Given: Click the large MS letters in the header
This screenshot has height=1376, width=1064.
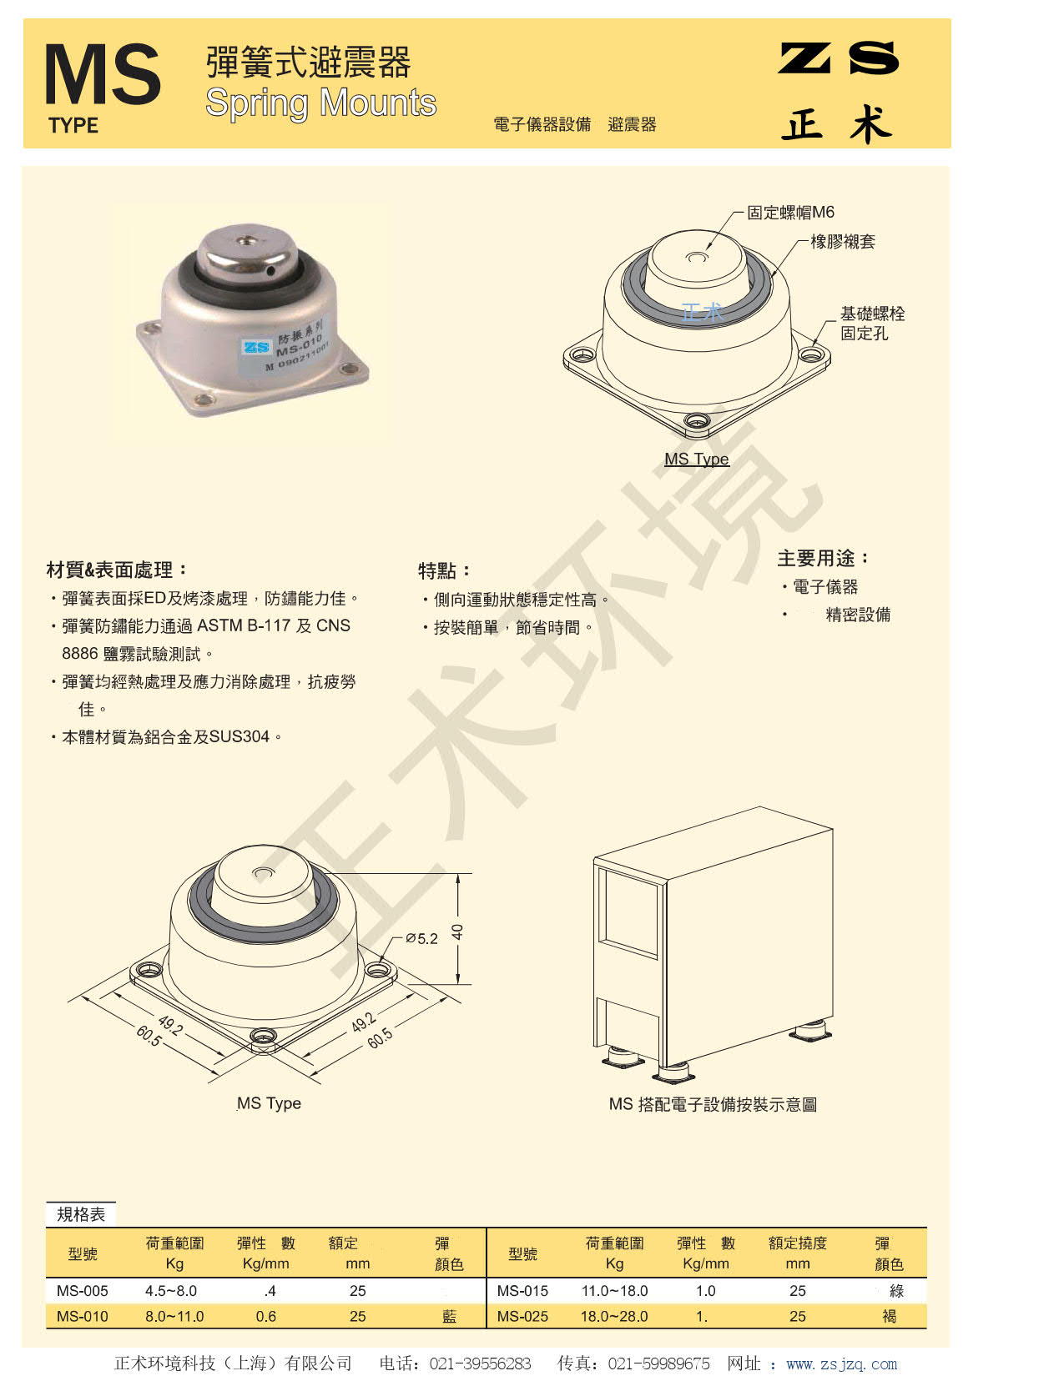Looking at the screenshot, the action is point(102,74).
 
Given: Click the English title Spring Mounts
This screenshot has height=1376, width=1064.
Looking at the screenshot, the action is point(320,103).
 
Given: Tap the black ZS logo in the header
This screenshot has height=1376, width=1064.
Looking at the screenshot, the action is point(838,58).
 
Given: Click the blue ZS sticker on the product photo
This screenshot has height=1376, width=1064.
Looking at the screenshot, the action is point(256,347).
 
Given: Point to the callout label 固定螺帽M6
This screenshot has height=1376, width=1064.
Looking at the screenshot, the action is point(790,212).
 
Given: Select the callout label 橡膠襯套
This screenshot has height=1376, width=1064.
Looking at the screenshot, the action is point(842,241).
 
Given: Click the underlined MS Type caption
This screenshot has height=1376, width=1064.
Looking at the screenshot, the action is point(697,459).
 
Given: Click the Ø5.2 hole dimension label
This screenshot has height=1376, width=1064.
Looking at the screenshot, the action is point(421,938).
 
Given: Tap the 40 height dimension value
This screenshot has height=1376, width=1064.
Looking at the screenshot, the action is point(457,932).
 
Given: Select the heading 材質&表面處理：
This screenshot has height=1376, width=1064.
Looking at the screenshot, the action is point(117,570).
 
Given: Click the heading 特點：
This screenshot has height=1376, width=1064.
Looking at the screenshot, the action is point(444,571).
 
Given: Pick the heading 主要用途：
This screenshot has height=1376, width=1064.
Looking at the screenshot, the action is point(823,558).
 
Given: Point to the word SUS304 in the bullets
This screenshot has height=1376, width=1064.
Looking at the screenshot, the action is point(240,736).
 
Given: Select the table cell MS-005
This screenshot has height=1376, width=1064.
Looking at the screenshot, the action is point(83,1290).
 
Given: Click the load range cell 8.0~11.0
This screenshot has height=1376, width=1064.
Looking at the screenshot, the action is point(174,1317).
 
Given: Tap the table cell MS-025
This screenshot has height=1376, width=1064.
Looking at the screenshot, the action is point(522,1317).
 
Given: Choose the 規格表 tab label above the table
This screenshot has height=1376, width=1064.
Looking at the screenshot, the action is point(80,1214).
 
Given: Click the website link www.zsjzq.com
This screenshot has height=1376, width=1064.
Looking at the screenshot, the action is point(841,1363).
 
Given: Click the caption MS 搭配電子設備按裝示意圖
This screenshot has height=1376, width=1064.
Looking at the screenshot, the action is point(713,1104).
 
